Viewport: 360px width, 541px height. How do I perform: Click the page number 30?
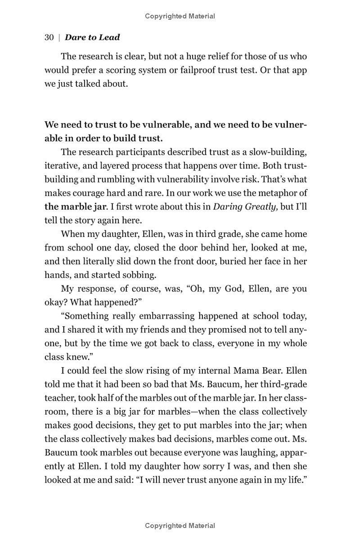tap(49, 38)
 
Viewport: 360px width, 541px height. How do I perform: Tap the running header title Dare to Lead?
tap(92, 38)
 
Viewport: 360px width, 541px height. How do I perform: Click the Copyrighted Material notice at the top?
tap(180, 16)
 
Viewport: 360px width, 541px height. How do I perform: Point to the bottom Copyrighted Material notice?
tap(180, 525)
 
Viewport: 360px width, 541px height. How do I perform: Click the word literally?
tap(100, 262)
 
